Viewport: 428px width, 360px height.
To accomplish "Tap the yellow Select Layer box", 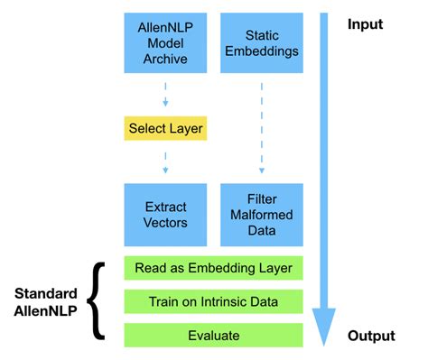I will [165, 129].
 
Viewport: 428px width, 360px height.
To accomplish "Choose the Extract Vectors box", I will [165, 215].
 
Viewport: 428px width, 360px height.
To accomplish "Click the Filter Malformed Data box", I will [262, 215].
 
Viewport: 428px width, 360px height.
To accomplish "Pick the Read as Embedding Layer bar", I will [213, 268].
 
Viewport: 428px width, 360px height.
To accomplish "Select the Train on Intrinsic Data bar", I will [213, 301].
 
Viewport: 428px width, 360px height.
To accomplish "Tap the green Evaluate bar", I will [213, 335].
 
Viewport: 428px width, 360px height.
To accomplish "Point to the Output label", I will [371, 336].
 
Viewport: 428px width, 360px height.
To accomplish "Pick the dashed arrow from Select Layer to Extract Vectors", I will [165, 162].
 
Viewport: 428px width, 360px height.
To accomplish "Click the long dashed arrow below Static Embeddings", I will [262, 126].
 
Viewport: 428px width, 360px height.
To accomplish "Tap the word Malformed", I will [262, 215].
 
